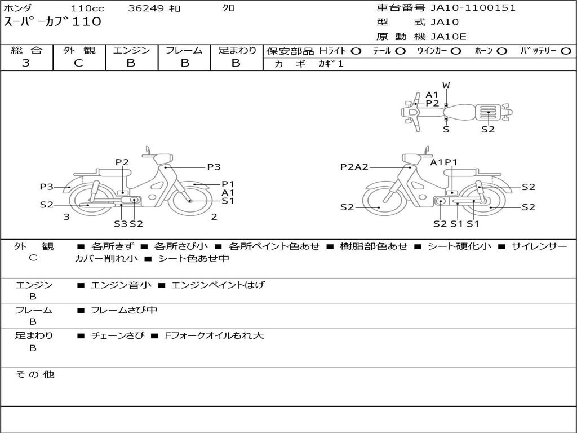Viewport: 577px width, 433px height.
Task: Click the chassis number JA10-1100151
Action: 473,8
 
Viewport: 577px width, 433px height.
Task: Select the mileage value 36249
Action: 146,8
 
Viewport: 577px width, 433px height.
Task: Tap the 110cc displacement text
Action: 87,8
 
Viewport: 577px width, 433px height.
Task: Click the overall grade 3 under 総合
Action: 26,63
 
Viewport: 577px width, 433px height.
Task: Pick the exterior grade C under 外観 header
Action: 78,63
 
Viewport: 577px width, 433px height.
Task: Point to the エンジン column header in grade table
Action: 131,50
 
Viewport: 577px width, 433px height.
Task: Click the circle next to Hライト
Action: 356,51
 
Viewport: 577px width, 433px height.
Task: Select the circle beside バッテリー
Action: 566,51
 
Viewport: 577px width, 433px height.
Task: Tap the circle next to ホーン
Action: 502,51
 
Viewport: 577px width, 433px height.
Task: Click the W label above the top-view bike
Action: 446,85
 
